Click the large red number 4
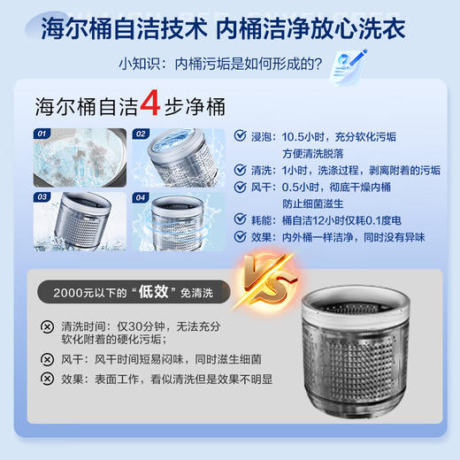150,105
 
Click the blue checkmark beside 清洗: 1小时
241,170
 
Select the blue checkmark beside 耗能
241,219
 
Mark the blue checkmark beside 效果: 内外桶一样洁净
241,236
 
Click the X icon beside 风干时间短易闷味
46,359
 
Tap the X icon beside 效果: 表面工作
46,379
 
